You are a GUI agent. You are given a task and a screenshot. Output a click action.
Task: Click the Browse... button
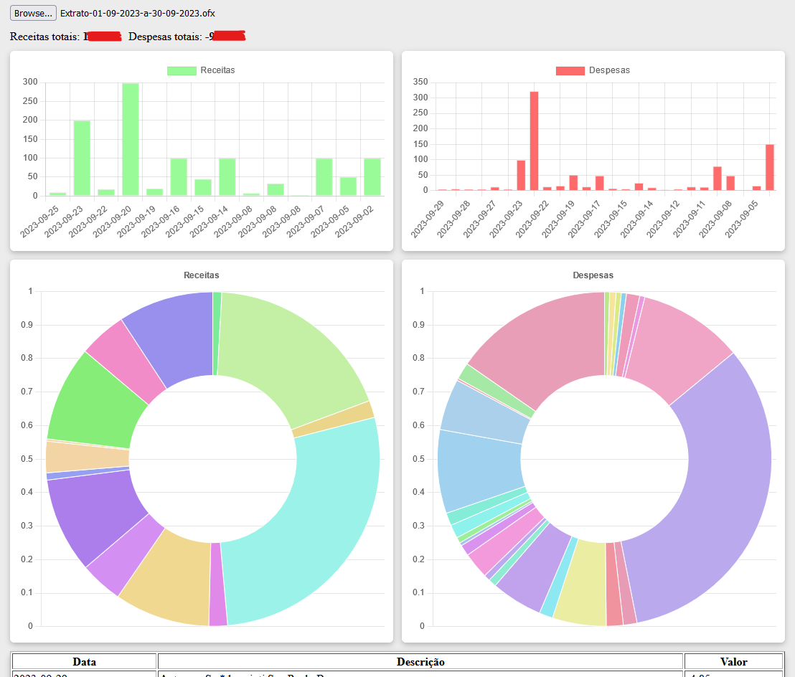coord(33,14)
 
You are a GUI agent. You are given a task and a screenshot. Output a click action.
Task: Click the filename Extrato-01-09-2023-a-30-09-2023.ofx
coord(137,14)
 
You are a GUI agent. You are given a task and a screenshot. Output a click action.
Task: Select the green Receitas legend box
coord(182,70)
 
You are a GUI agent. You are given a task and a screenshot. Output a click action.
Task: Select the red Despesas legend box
coord(570,70)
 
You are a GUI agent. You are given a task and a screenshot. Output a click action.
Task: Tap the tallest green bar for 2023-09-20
coord(131,139)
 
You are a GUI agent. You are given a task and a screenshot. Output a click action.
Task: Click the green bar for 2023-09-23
coord(82,158)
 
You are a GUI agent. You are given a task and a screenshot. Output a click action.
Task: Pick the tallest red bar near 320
coord(534,141)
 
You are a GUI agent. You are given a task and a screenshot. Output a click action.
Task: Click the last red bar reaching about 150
coord(769,167)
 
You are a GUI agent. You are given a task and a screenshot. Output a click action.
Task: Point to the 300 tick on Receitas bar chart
coord(30,82)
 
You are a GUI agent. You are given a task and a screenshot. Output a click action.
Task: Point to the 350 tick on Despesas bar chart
coord(421,82)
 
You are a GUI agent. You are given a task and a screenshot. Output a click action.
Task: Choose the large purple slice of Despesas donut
coord(710,488)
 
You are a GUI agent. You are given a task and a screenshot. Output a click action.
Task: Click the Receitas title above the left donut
coord(202,275)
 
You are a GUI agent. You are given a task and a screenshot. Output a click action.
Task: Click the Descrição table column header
coord(420,662)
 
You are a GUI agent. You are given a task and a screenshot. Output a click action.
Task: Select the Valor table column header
coord(733,662)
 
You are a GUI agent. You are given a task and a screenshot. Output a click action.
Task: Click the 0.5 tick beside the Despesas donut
coord(422,459)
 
